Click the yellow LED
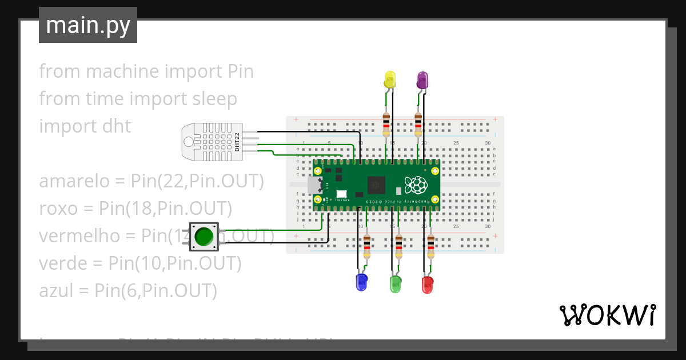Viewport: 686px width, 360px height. click(390, 80)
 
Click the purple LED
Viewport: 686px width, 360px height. click(422, 80)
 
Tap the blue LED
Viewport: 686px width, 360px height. click(361, 282)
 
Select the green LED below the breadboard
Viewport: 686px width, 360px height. click(395, 284)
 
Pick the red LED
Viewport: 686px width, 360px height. click(427, 284)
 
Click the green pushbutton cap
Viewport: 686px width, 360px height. click(204, 236)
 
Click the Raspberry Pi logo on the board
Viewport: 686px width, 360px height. click(416, 185)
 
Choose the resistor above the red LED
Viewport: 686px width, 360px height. click(431, 246)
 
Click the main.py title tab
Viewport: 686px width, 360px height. click(88, 25)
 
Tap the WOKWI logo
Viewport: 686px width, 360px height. click(607, 315)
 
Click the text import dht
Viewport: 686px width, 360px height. click(85, 126)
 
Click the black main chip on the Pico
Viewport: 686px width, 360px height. click(377, 185)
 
